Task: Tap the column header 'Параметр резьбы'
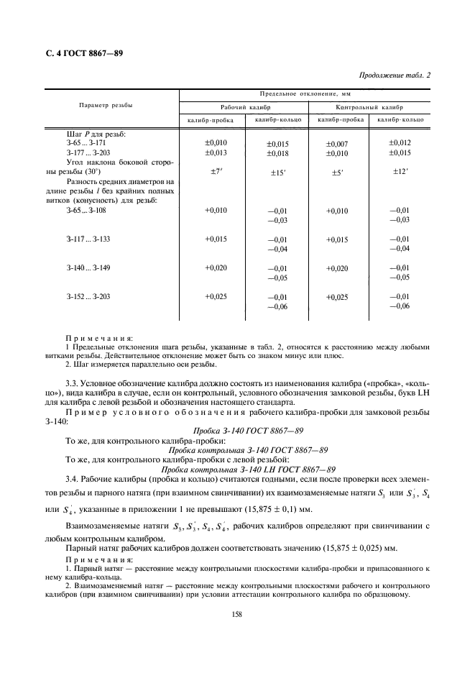[105, 105]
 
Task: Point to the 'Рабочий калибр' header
[244, 105]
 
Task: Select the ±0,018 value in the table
[277, 154]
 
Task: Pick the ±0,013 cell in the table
[216, 152]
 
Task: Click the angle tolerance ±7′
[216, 171]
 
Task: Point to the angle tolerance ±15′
[277, 173]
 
